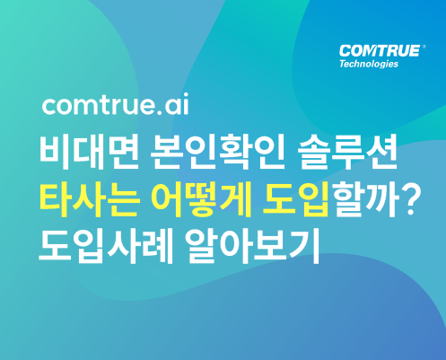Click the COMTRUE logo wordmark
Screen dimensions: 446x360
coord(380,51)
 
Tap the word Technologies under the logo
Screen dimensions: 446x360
coord(369,64)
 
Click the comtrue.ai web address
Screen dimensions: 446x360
coord(116,104)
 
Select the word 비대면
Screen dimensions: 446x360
coord(89,153)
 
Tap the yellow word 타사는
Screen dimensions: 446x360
coord(89,200)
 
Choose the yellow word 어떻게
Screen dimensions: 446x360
coord(201,200)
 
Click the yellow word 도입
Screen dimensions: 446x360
coord(296,200)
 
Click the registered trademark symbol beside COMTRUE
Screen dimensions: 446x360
coord(424,47)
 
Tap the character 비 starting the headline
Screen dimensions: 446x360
coord(56,153)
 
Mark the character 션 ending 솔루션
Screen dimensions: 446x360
coord(381,153)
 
